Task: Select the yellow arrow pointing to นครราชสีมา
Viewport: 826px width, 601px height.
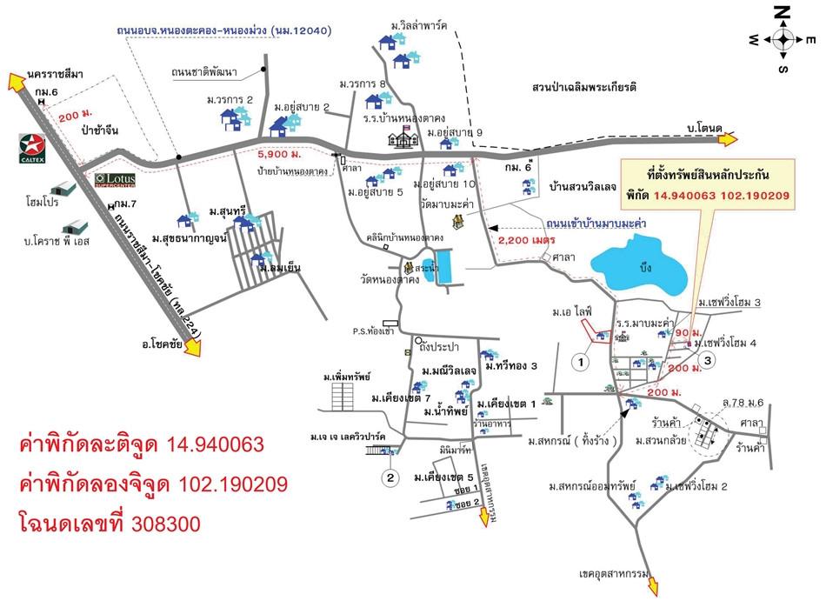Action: [16, 82]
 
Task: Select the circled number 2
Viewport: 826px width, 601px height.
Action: [391, 477]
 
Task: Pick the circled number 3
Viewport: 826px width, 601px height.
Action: [709, 359]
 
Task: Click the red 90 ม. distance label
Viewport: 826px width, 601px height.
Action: [686, 333]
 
